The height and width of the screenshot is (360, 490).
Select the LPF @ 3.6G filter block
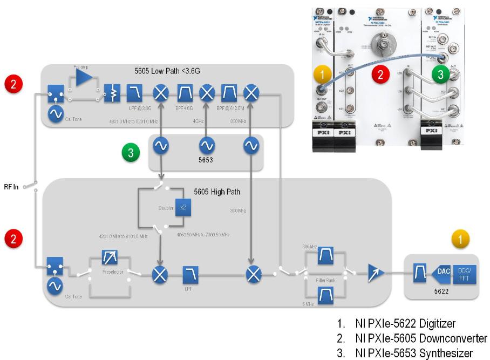134,94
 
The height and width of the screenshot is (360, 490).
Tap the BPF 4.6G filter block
185,94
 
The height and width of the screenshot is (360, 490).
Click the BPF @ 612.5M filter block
229,94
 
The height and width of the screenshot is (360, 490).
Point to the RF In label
11,187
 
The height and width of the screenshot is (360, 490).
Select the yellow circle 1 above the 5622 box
460,239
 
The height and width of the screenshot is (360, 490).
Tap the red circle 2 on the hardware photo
380,76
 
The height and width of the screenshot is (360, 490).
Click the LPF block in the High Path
190,275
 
